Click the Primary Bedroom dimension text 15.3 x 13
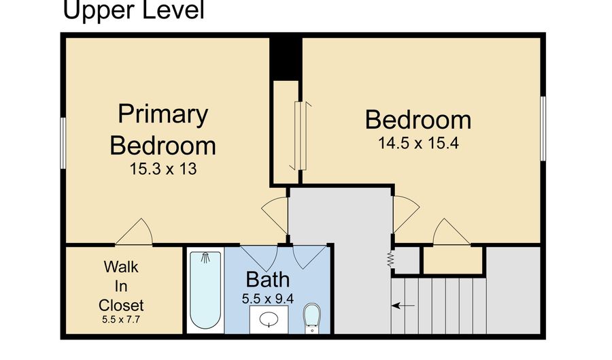163,169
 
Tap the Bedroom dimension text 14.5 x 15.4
418,144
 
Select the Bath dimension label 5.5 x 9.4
268,299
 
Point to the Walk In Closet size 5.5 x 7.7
121,319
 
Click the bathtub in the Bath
205,291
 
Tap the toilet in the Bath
312,318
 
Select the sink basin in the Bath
269,319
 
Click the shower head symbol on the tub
205,258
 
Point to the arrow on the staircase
403,306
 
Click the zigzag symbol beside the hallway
390,259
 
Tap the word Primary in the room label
163,114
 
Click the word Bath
268,280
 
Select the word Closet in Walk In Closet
121,306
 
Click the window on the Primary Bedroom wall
63,143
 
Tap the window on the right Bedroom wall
543,129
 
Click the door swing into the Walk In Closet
135,232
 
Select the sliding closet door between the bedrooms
301,136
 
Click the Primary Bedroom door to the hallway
275,215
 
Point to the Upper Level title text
133,10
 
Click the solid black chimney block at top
286,59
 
